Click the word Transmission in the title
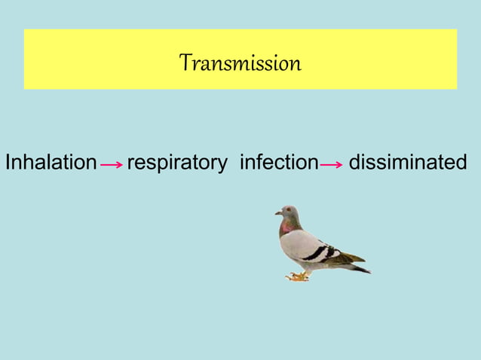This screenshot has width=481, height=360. tap(240, 63)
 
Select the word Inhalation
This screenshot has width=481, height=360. tap(51, 162)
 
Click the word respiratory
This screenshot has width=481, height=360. tap(177, 163)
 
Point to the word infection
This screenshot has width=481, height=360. tap(279, 162)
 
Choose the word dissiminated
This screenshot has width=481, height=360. tap(408, 162)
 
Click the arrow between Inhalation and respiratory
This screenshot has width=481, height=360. tap(112, 164)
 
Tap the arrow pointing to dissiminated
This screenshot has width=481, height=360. tap(332, 164)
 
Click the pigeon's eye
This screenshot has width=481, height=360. tap(287, 210)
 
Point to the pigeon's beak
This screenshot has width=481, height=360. tap(278, 213)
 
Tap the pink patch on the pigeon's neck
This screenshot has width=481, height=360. tap(286, 225)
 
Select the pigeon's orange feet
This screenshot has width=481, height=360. tap(298, 276)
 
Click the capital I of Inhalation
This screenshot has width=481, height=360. tap(8, 162)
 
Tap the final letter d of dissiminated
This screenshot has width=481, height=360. tap(461, 162)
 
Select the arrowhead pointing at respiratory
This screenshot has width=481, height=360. tap(121, 164)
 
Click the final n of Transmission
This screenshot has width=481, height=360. tap(296, 65)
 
